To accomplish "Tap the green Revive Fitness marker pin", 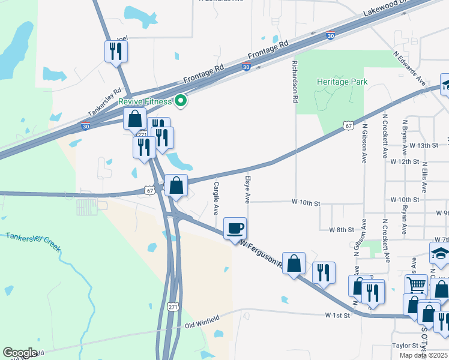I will [179, 101].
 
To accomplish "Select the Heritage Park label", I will [342, 82].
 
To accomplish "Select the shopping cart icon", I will [416, 284].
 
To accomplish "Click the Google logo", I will [20, 353].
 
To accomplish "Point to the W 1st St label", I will [337, 315].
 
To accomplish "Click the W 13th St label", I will [420, 146].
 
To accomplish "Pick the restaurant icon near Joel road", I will [115, 51].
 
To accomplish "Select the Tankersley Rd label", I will [104, 107].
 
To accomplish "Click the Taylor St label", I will [404, 346].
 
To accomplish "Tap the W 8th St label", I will [342, 230].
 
